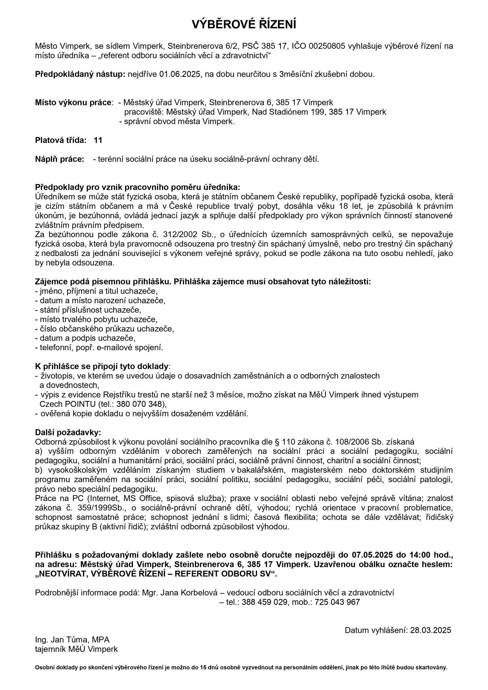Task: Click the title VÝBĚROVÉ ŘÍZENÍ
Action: click(x=244, y=25)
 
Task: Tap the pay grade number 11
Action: click(x=98, y=140)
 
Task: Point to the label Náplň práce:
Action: click(x=60, y=159)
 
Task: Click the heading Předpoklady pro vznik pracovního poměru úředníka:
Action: click(x=138, y=187)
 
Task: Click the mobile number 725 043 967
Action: click(x=337, y=602)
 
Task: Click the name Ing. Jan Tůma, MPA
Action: click(x=72, y=640)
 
